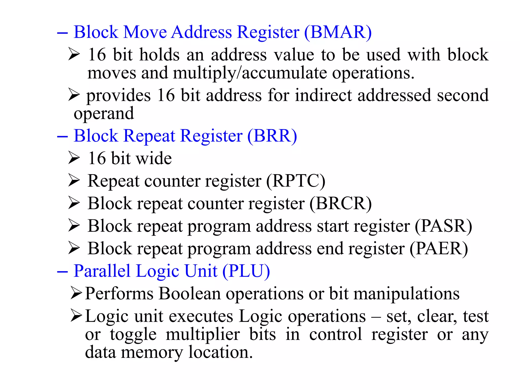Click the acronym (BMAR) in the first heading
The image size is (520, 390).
click(x=338, y=32)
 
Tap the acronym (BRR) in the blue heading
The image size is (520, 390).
click(x=272, y=136)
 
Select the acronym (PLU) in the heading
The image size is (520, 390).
click(x=246, y=271)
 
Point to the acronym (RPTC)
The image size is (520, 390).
click(x=296, y=181)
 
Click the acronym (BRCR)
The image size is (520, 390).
click(x=340, y=204)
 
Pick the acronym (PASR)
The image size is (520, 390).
click(x=443, y=226)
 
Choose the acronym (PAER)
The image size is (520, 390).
click(x=439, y=249)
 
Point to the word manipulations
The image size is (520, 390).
click(x=406, y=294)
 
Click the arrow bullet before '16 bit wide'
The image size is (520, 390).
click(x=74, y=158)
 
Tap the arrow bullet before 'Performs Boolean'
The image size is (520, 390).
click(x=76, y=293)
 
